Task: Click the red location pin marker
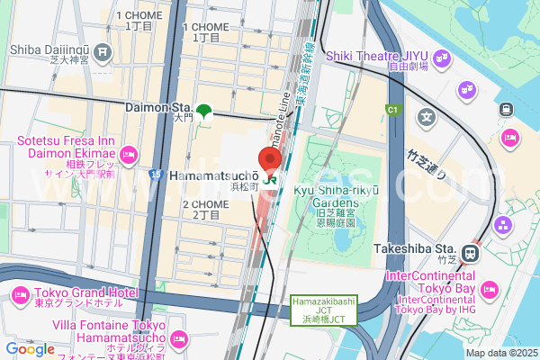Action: pos(270,159)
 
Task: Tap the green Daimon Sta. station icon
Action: pos(204,112)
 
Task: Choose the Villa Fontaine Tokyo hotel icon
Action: pos(178,339)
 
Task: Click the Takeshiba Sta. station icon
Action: pos(469,252)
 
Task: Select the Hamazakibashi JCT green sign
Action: pos(324,310)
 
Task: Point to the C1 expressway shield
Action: pos(392,110)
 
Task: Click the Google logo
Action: pos(30,349)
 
